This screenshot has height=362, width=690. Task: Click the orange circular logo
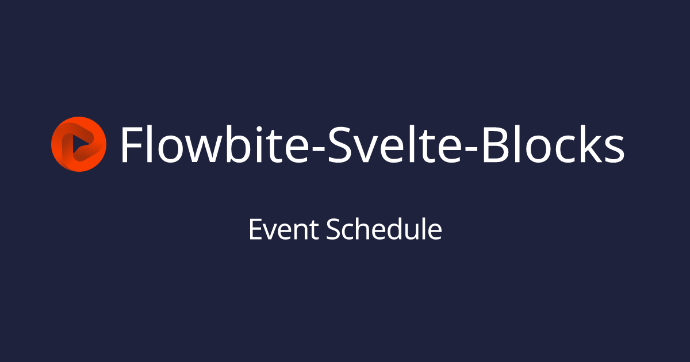tap(79, 144)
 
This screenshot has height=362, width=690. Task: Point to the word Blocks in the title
tap(554, 144)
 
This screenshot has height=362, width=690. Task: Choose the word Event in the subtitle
tap(283, 229)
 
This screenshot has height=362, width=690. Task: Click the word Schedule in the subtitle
tap(384, 229)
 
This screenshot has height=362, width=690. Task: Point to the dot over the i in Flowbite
tap(259, 128)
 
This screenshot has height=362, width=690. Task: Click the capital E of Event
tap(255, 229)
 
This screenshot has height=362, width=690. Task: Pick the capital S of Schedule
tap(333, 229)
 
